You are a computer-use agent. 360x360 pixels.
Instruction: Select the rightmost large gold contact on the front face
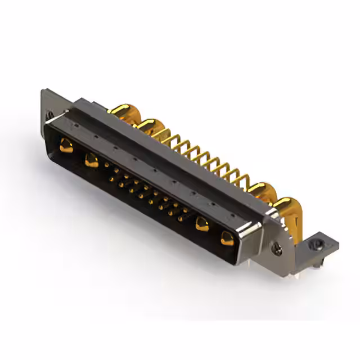(x=227, y=238)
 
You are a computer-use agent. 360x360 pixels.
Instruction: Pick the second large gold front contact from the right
(x=201, y=224)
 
